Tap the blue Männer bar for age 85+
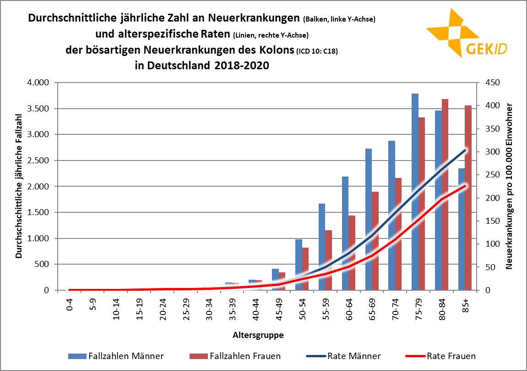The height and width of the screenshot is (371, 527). [x=462, y=229]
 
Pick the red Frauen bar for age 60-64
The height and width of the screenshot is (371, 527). [x=352, y=253]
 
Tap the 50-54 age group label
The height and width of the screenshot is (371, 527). [x=303, y=306]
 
